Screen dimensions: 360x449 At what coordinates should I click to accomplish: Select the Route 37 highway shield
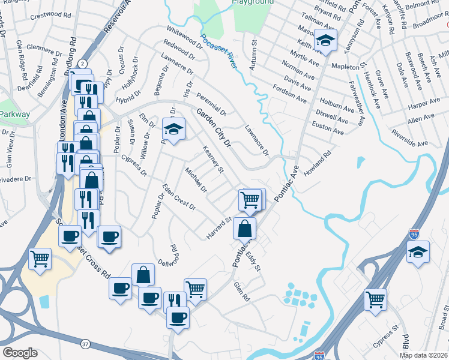tap(86, 344)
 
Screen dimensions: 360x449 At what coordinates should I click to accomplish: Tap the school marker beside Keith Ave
tap(325, 41)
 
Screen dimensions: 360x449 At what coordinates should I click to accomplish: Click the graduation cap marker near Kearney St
tap(173, 129)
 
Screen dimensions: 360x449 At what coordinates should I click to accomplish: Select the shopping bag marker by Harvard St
tap(245, 229)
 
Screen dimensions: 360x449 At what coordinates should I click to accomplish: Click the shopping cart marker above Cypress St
tap(375, 298)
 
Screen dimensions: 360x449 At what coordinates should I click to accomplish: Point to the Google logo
tap(20, 353)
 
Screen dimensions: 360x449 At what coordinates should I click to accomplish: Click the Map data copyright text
tap(424, 355)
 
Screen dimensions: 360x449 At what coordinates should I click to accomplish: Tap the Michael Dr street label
tap(196, 180)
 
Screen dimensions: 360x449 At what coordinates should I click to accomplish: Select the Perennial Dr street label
tap(211, 104)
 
